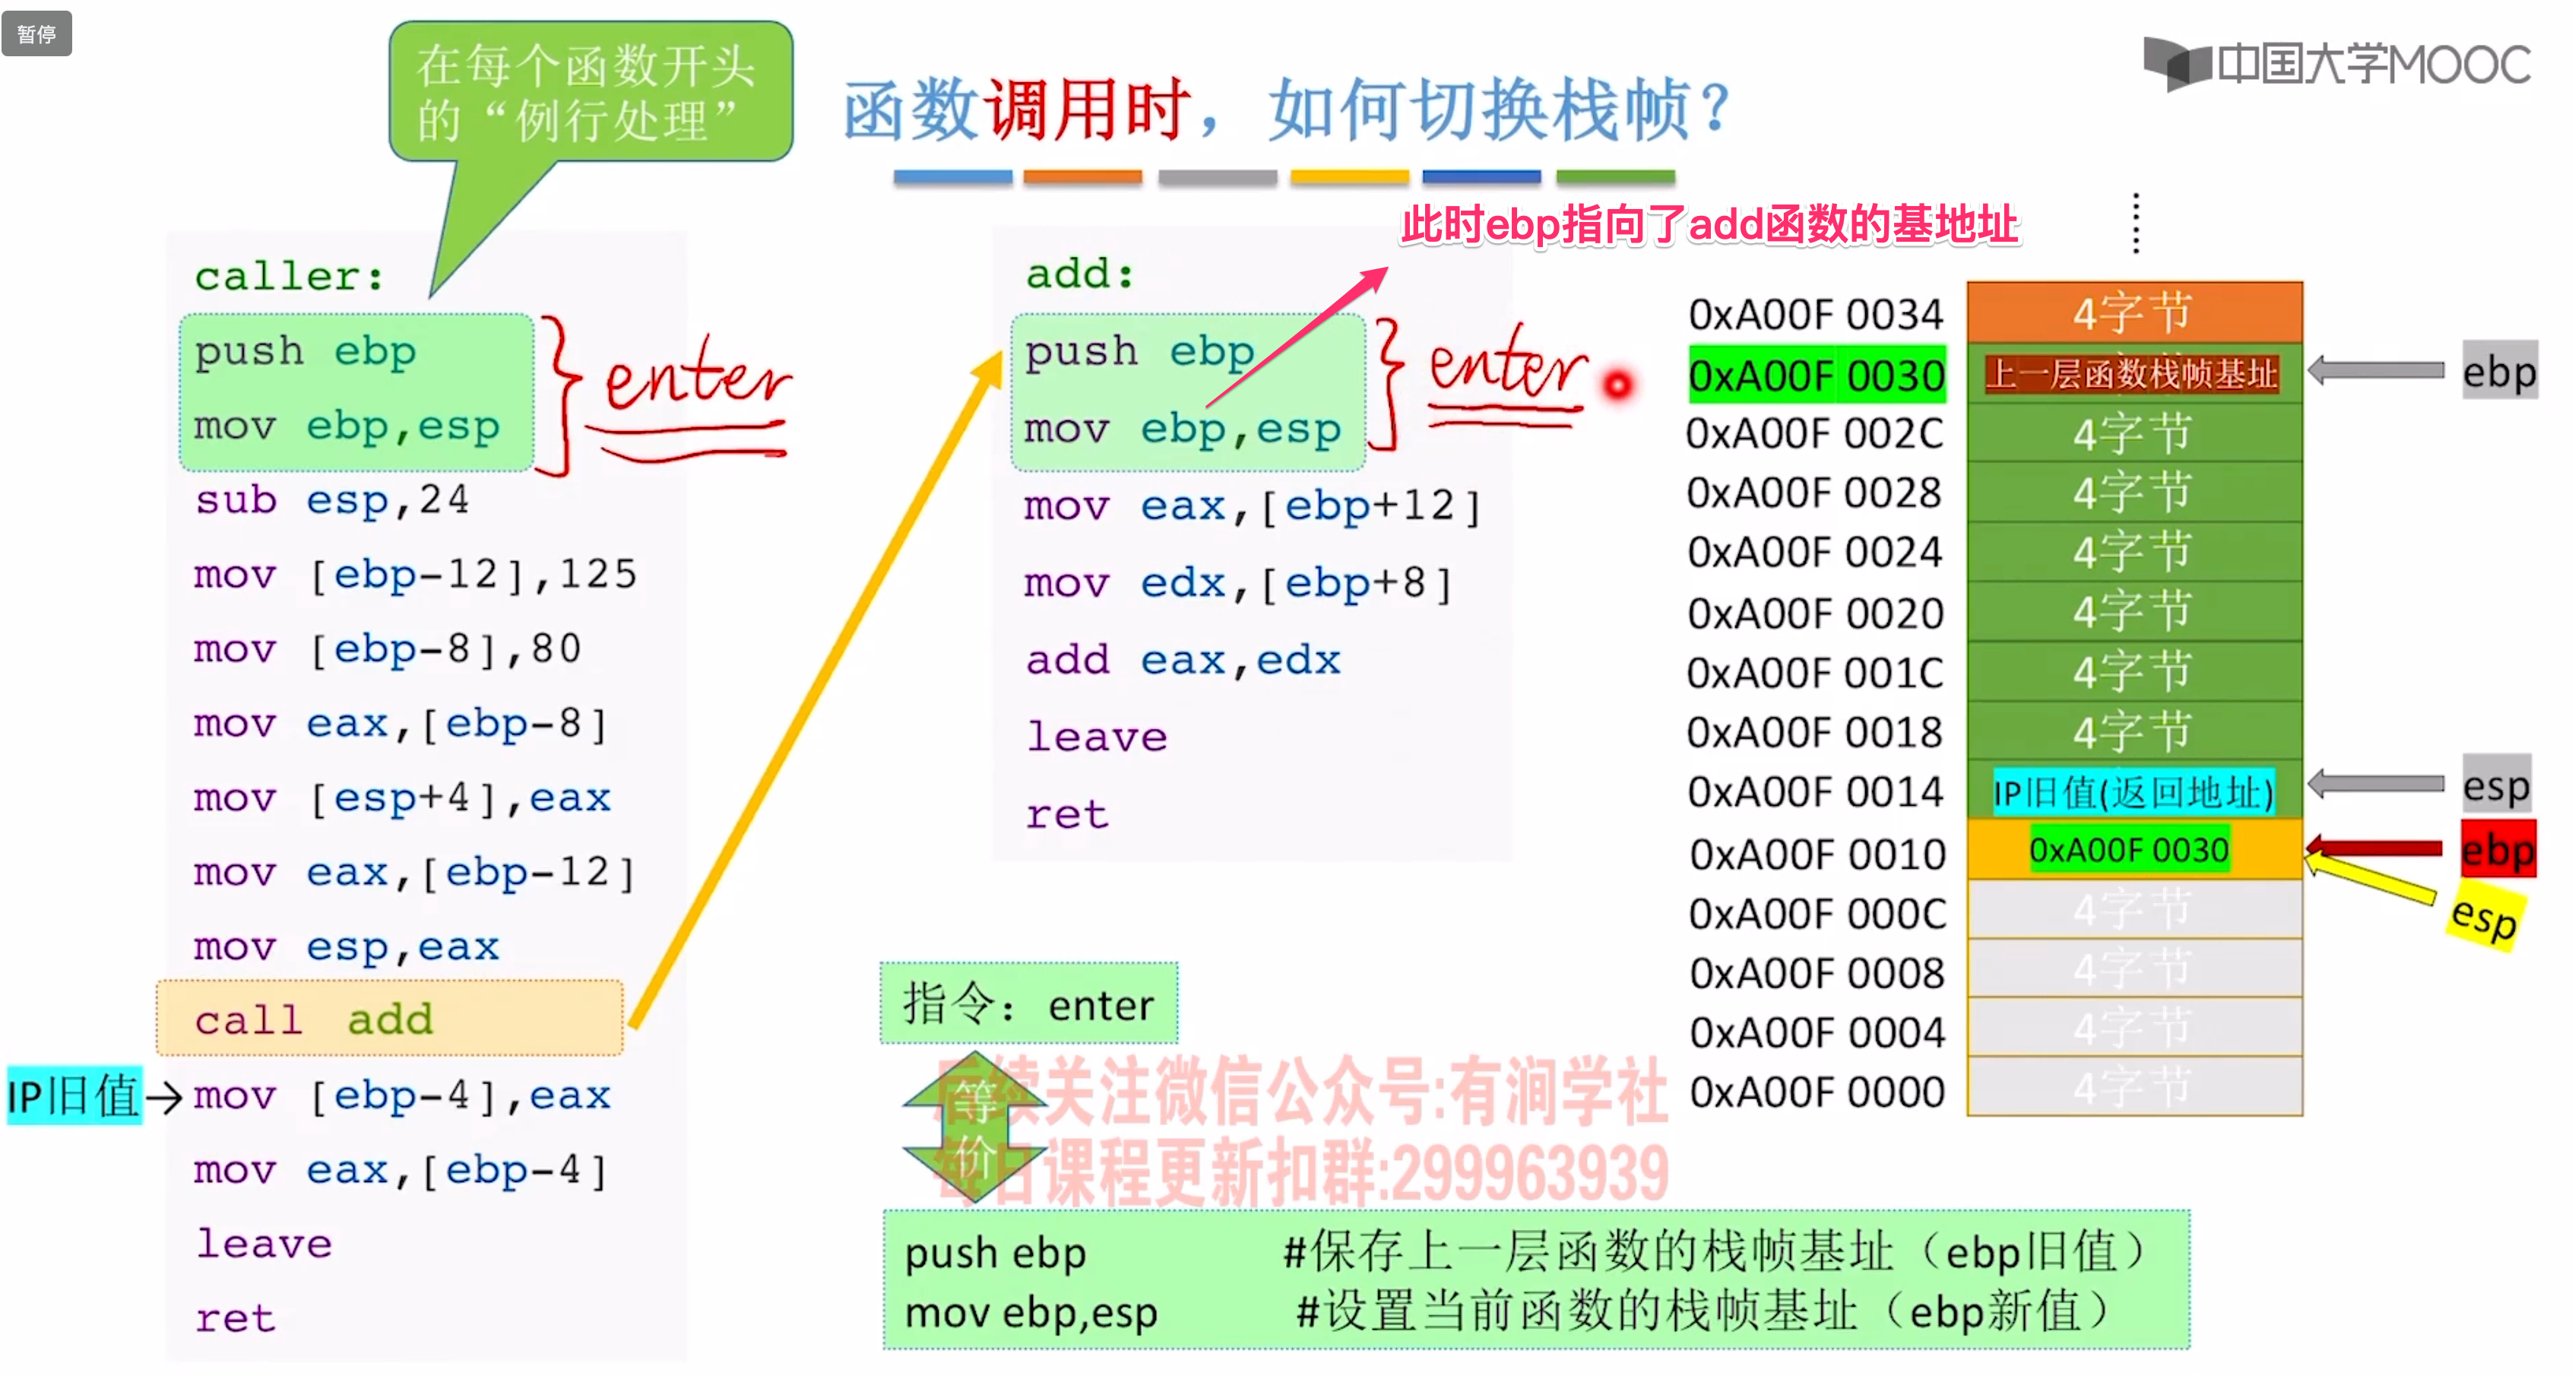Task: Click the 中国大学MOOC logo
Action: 2336,65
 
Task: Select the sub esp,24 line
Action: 331,499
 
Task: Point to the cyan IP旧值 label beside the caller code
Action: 74,1095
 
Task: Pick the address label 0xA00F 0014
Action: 1815,792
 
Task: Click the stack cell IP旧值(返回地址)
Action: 2133,793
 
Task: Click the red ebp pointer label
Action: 2497,850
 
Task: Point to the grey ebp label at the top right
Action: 2498,372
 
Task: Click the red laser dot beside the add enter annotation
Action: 1617,385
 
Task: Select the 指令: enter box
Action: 1028,1003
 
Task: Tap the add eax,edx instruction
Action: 1182,660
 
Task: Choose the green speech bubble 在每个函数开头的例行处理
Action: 590,92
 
